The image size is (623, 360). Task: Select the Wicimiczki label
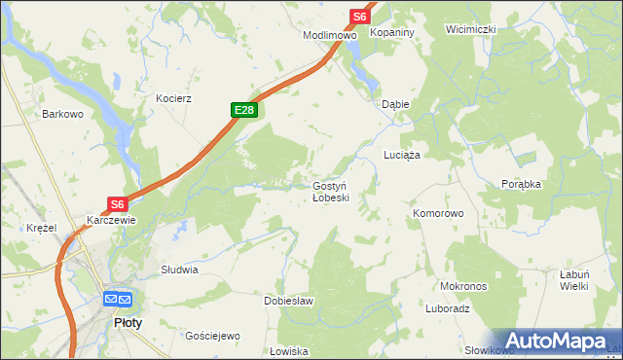coord(471,29)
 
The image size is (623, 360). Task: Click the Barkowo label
coord(61,114)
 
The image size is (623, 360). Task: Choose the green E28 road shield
coord(244,111)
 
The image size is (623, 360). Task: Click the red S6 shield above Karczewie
coord(117,204)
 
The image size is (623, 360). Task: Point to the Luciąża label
coord(401,156)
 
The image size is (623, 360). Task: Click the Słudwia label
coord(180,270)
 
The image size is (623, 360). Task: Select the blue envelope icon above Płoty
coord(117,299)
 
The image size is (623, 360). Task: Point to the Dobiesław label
coord(289,302)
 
